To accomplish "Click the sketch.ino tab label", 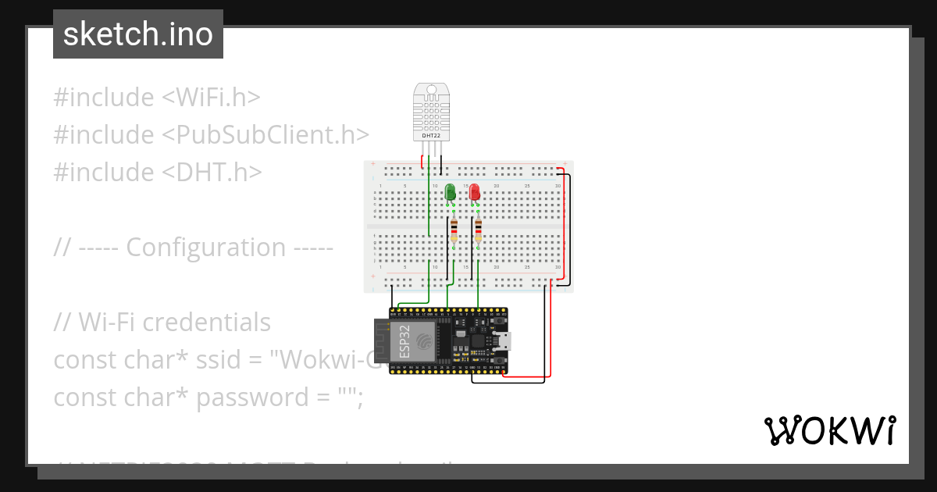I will point(137,34).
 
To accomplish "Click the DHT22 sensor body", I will point(432,109).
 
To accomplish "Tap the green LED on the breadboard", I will point(450,193).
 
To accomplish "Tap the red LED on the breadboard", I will point(474,193).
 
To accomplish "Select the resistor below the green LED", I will point(454,230).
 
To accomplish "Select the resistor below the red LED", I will point(478,230).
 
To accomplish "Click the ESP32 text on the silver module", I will point(405,342).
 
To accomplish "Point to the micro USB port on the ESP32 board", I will point(506,340).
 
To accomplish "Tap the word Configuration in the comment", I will point(206,248).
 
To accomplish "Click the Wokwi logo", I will point(829,430).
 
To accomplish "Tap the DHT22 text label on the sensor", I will point(431,135).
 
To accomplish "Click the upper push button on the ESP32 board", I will point(497,322).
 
